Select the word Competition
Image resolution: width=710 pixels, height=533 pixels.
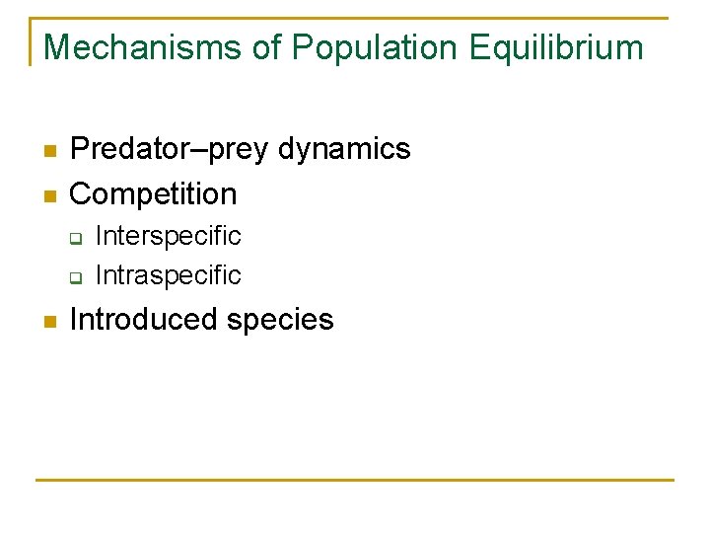pos(154,193)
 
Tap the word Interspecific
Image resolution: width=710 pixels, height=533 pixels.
pos(168,236)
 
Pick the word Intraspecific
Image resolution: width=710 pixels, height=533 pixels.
pos(168,274)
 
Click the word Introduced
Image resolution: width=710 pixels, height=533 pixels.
pos(142,320)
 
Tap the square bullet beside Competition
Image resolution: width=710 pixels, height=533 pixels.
pos(46,195)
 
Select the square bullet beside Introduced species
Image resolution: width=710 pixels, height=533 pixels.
pos(46,322)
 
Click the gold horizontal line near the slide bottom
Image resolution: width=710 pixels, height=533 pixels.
pos(355,481)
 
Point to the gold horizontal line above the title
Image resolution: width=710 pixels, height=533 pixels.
pos(355,18)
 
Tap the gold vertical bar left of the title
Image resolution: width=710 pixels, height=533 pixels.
pos(31,41)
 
